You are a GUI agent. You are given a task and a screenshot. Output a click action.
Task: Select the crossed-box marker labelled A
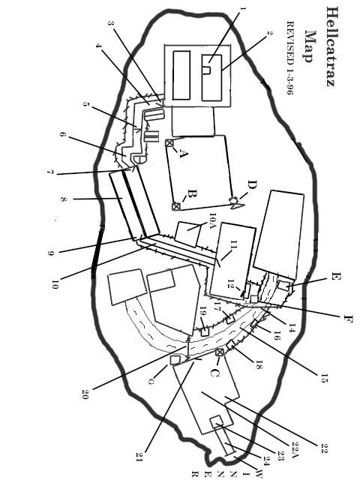[x=169, y=143]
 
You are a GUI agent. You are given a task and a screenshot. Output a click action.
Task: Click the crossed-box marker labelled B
[x=176, y=206]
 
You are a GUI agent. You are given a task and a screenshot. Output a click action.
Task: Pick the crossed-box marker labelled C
[x=219, y=352]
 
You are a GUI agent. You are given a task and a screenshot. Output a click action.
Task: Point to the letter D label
[x=253, y=185]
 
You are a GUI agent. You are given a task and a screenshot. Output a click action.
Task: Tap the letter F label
[x=348, y=319]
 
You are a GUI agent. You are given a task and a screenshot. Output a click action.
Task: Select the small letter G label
[x=151, y=382]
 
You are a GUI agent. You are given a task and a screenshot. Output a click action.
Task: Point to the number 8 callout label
[x=63, y=199]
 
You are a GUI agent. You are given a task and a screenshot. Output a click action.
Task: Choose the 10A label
[x=213, y=220]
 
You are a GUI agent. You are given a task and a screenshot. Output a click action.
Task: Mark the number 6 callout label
[x=62, y=134]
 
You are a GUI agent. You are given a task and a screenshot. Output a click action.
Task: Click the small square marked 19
[x=205, y=331]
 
